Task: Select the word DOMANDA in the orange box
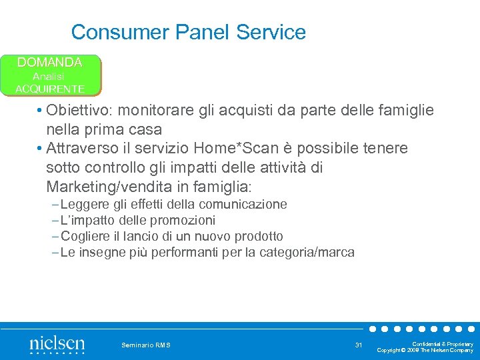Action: click(50, 63)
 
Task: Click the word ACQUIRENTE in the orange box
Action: click(50, 89)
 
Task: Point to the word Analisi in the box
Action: click(50, 76)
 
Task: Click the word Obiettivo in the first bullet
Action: click(79, 110)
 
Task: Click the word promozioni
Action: click(183, 220)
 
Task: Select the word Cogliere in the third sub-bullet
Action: click(85, 236)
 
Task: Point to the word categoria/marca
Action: click(303, 252)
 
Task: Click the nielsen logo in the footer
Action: click(57, 345)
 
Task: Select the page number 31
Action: click(359, 345)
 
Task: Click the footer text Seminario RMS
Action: click(146, 345)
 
